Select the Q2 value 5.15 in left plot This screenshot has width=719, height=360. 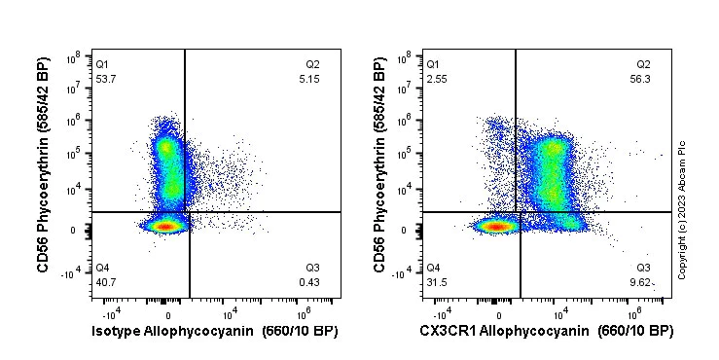312,79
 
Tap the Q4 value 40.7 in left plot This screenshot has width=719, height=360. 105,282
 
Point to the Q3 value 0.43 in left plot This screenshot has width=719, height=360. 312,282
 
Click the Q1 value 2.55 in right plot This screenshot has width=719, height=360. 436,79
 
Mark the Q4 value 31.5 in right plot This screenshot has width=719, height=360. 436,282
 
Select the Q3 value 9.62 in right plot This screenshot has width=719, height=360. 643,282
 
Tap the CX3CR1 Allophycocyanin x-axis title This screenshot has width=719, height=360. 546,331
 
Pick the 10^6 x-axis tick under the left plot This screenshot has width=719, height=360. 303,314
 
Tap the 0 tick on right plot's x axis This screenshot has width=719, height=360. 499,314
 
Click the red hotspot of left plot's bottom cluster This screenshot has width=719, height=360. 166,227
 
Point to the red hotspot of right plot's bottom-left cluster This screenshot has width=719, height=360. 497,227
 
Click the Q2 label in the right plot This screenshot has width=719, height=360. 642,64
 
